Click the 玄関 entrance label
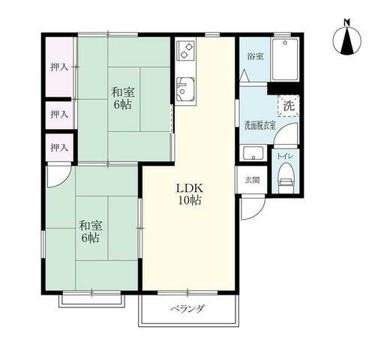click(251, 180)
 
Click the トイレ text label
click(286, 155)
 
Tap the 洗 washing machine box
click(289, 106)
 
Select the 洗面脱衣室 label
click(259, 125)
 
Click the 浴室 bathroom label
click(255, 56)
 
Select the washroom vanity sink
click(253, 154)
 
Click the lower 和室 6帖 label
click(90, 232)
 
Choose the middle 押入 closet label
click(59, 114)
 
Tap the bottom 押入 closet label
click(59, 147)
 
